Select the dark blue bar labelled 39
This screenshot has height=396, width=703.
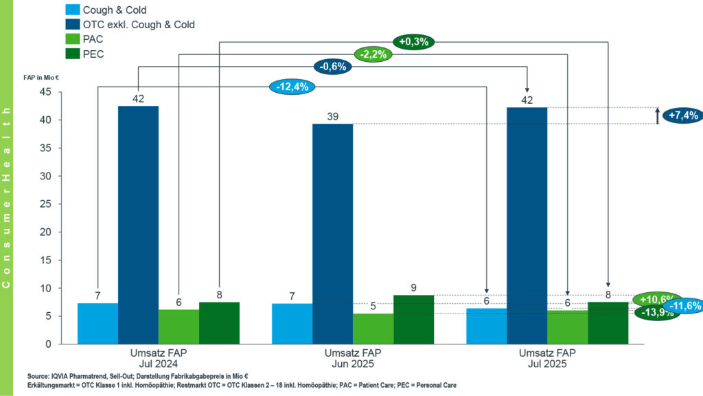pos(333,234)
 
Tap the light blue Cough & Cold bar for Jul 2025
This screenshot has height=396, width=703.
pos(487,326)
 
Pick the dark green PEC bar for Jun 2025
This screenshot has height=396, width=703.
pos(414,320)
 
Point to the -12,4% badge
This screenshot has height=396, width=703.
pos(292,87)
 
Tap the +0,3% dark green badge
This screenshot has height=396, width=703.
pos(414,42)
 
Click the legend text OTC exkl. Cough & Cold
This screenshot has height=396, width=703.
pos(139,25)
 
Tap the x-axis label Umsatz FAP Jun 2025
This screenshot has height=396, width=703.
pos(353,358)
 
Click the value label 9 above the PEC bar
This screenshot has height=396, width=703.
pos(414,288)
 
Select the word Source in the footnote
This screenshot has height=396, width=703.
pos(38,376)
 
